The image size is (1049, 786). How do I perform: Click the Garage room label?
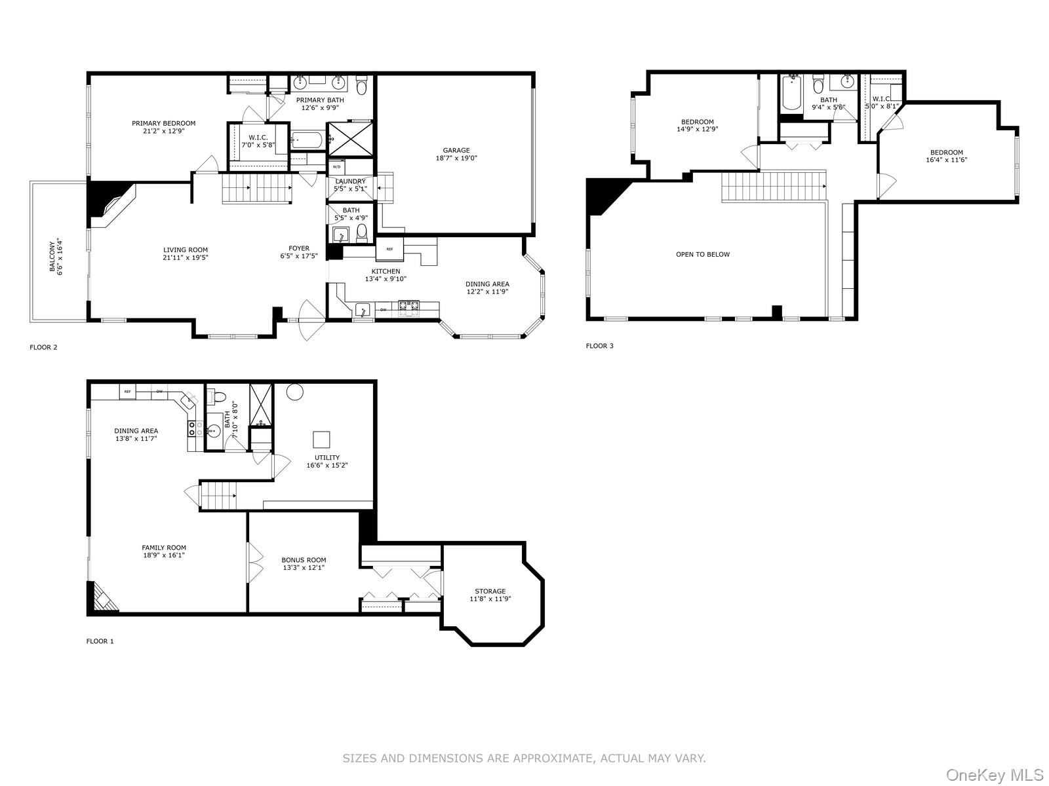(456, 151)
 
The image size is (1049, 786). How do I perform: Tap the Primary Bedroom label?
(163, 123)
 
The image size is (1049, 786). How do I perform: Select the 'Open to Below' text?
(702, 254)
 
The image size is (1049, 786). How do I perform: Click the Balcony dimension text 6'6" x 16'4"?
(61, 256)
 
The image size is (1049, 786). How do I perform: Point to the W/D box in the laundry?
(336, 166)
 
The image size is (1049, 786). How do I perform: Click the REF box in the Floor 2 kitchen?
(389, 249)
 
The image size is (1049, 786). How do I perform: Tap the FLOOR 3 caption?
(599, 346)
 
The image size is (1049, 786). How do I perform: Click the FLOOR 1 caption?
(100, 641)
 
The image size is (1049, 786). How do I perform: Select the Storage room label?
(490, 591)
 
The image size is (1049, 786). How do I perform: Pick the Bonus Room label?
(304, 560)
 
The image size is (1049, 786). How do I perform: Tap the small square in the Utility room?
(321, 440)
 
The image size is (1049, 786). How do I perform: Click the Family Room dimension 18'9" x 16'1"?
(164, 555)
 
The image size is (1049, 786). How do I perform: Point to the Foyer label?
(299, 248)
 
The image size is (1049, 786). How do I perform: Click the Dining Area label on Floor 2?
(487, 284)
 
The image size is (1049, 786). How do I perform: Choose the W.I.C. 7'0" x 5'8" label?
(257, 138)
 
